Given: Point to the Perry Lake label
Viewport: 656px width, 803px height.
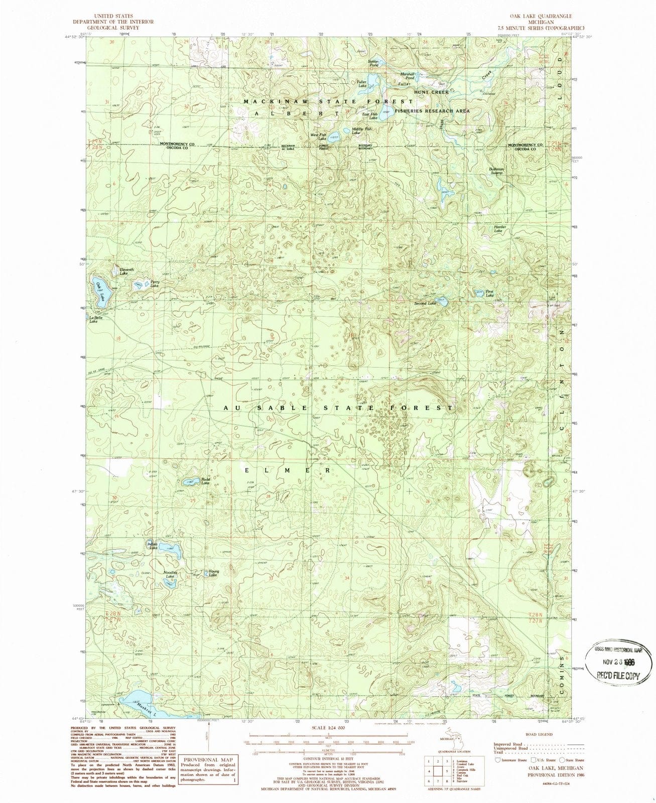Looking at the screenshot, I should click(x=155, y=284).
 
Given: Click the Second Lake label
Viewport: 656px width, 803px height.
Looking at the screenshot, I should click(x=425, y=304).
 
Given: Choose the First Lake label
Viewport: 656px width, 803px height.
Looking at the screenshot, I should click(x=489, y=293).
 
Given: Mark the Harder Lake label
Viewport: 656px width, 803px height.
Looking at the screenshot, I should click(x=500, y=229).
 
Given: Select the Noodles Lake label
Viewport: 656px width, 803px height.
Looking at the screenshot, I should click(x=170, y=574).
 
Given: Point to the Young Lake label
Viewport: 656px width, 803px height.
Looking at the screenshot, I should click(x=213, y=573).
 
